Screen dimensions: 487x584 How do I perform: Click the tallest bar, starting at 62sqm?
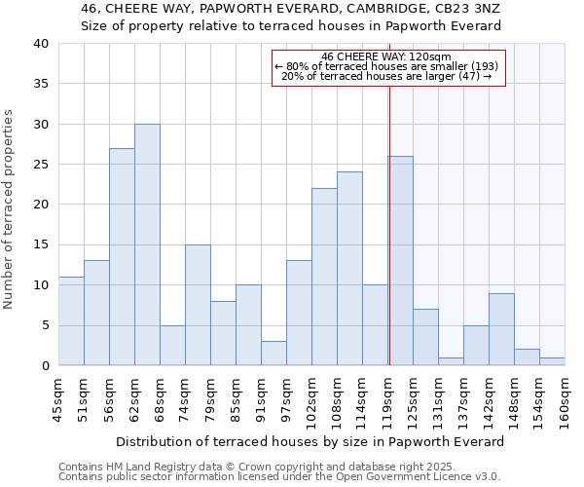tap(147, 244)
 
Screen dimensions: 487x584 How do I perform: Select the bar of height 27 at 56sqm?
tap(122, 257)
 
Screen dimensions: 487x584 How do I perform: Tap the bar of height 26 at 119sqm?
tap(400, 261)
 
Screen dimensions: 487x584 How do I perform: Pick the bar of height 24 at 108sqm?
tap(349, 269)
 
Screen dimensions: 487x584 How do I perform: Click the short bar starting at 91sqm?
tap(274, 354)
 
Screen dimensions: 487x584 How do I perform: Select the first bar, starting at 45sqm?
tap(71, 321)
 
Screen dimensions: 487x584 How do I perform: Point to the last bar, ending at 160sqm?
tap(552, 361)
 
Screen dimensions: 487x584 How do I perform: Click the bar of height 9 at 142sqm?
tap(501, 329)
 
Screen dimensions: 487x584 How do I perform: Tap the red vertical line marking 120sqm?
tap(389, 224)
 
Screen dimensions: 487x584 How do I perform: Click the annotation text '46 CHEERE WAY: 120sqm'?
tap(386, 56)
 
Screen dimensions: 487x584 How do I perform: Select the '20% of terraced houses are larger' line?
tap(386, 77)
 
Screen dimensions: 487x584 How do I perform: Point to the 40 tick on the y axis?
tap(40, 44)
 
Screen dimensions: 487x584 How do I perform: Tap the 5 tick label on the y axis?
tap(44, 325)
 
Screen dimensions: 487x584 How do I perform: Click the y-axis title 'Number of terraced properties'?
tap(10, 208)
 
